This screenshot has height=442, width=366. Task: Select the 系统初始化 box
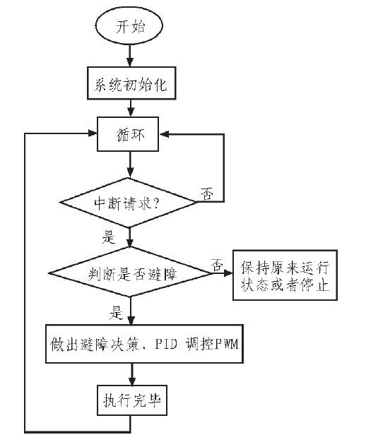[131, 85]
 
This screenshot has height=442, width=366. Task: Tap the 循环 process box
[131, 135]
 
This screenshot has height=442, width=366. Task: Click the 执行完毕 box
[131, 403]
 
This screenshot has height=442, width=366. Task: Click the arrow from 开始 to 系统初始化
[130, 56]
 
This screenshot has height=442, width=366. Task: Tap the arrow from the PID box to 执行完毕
[131, 375]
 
